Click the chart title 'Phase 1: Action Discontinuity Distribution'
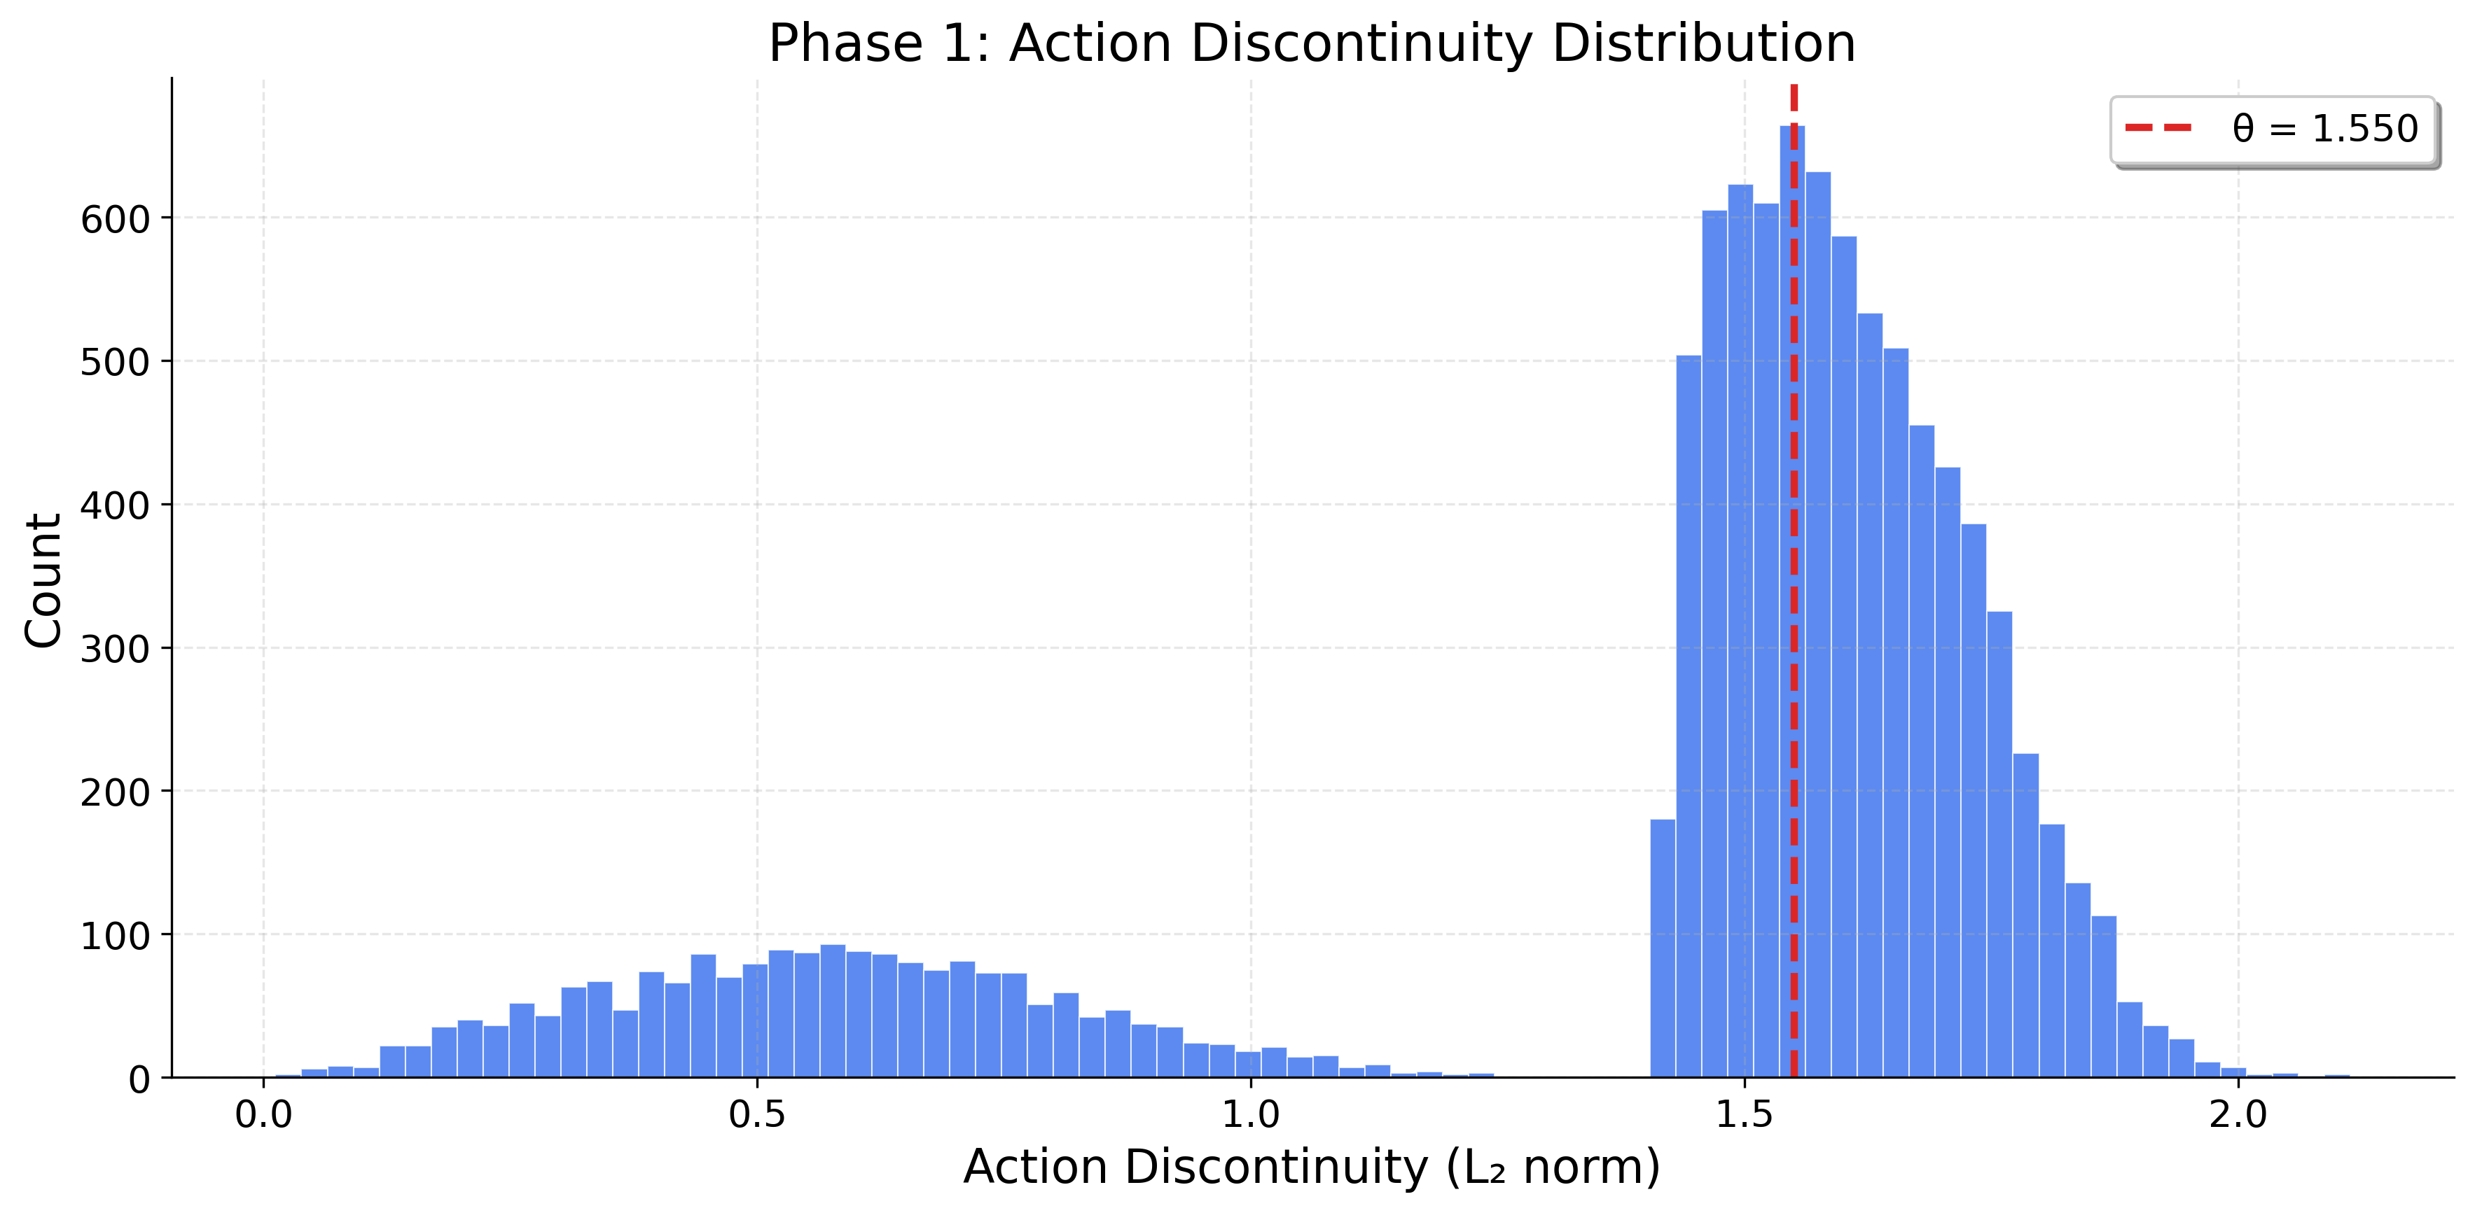pyautogui.click(x=1312, y=44)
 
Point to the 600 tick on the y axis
pyautogui.click(x=116, y=220)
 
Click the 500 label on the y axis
pyautogui.click(x=116, y=363)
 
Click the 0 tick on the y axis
pyautogui.click(x=139, y=1079)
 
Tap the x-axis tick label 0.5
pyautogui.click(x=757, y=1115)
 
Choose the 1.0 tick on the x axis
pyautogui.click(x=1250, y=1115)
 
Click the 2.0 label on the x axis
pyautogui.click(x=2238, y=1115)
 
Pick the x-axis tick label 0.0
pyautogui.click(x=263, y=1115)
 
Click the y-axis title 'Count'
pyautogui.click(x=43, y=580)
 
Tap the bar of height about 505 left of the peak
pyautogui.click(x=1688, y=720)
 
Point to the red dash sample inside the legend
pyautogui.click(x=2158, y=127)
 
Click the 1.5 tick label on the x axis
pyautogui.click(x=1744, y=1115)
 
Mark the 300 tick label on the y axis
pyautogui.click(x=116, y=650)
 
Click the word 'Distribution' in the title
pyautogui.click(x=1703, y=44)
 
